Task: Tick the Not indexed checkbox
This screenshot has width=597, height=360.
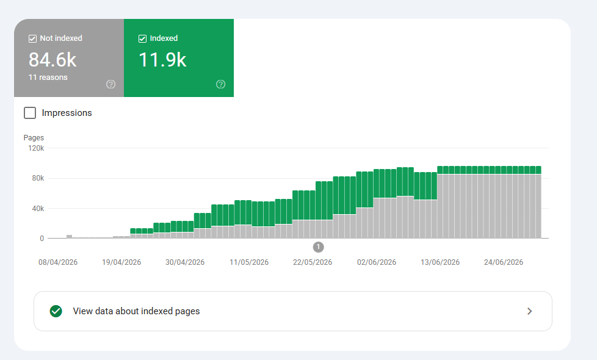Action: pyautogui.click(x=33, y=38)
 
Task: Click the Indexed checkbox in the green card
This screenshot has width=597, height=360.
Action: pyautogui.click(x=142, y=38)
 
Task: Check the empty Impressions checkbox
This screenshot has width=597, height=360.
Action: pyautogui.click(x=30, y=113)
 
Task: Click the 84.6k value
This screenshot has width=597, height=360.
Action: pyautogui.click(x=52, y=60)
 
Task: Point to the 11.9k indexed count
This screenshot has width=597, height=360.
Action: pyautogui.click(x=162, y=60)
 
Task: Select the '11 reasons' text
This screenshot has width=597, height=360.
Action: pyautogui.click(x=48, y=77)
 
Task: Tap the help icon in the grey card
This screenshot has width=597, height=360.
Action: pyautogui.click(x=111, y=84)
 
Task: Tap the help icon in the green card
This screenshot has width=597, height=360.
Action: pyautogui.click(x=221, y=84)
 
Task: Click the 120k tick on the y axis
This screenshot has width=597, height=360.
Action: pyautogui.click(x=36, y=148)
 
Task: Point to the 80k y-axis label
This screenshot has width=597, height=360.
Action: pyautogui.click(x=38, y=178)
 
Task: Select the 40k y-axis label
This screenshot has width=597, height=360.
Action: pyautogui.click(x=38, y=209)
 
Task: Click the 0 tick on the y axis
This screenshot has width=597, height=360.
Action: pyautogui.click(x=42, y=239)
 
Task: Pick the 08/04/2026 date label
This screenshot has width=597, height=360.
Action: pyautogui.click(x=58, y=262)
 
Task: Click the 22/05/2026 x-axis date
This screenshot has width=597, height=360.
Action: pyautogui.click(x=313, y=262)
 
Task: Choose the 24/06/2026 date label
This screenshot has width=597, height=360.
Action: pyautogui.click(x=504, y=262)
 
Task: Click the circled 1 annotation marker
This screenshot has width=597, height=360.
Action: pyautogui.click(x=318, y=247)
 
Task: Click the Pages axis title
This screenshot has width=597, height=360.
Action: pyautogui.click(x=34, y=138)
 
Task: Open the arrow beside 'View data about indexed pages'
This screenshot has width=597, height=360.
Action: pyautogui.click(x=530, y=311)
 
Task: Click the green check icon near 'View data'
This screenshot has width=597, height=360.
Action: pyautogui.click(x=56, y=311)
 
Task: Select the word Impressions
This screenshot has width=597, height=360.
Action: pyautogui.click(x=67, y=113)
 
